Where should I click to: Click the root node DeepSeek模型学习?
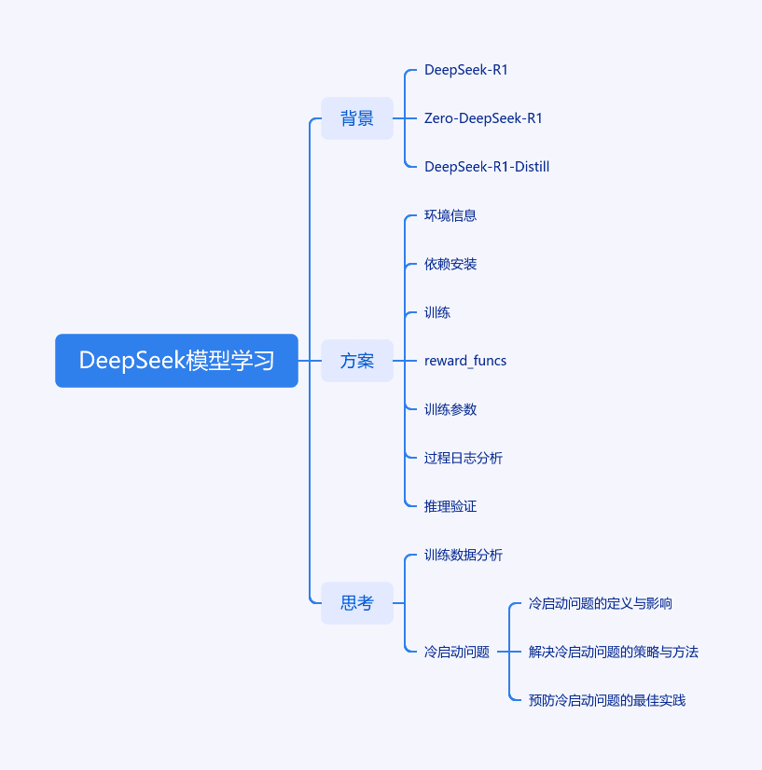176,361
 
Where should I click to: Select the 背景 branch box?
357,118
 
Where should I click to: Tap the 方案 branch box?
357,361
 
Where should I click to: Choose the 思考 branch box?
357,603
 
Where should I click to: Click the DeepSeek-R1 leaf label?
465,70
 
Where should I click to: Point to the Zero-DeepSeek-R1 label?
483,118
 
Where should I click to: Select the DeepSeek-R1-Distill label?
486,167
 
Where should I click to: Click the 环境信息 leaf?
450,215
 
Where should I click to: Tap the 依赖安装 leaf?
450,264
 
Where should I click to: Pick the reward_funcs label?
465,361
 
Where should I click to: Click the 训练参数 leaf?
450,409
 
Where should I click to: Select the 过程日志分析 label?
464,458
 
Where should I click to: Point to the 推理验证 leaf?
450,506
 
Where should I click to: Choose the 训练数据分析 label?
464,555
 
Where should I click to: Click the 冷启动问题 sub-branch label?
457,652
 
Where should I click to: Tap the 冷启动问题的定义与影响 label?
601,603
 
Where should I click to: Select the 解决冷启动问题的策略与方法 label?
614,652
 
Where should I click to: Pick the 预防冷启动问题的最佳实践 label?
607,700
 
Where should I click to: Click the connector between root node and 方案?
310,361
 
